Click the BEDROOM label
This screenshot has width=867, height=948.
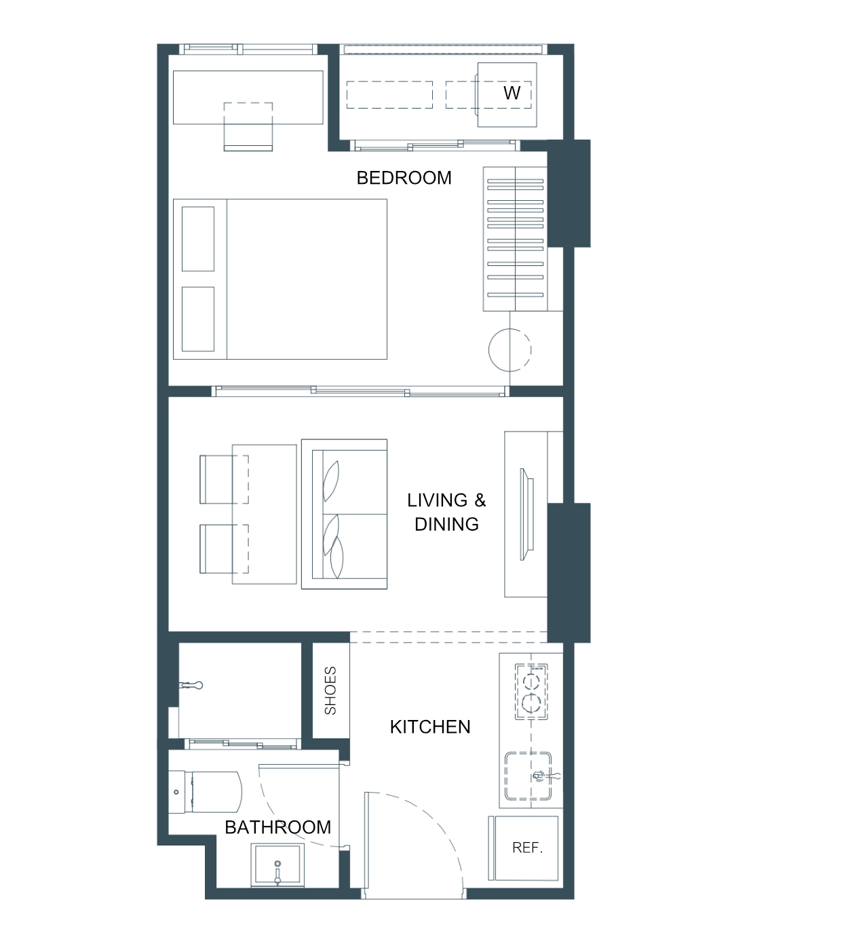(404, 178)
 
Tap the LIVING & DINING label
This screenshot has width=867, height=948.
(446, 512)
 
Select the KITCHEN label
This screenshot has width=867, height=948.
(430, 727)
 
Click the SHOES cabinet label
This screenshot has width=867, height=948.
(330, 690)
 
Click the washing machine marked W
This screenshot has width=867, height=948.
(507, 94)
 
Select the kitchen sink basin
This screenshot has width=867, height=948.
(528, 776)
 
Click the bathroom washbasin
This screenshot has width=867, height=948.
(277, 865)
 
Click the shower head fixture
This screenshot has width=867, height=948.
(191, 685)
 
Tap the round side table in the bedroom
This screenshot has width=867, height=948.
(509, 350)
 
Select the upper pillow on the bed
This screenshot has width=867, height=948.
(198, 239)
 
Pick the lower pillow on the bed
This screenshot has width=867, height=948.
(198, 319)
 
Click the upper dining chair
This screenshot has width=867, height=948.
(224, 479)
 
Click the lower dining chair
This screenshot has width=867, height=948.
(224, 549)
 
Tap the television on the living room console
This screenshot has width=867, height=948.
(527, 514)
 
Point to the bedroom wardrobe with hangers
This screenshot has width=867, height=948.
(515, 239)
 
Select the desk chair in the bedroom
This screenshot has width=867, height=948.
(248, 127)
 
